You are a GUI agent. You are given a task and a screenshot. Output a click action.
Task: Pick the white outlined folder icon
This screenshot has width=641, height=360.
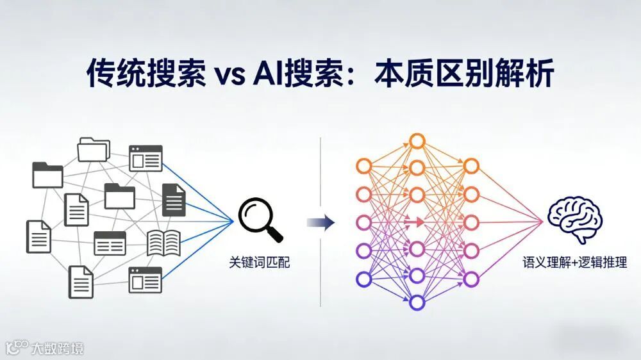click(94, 149)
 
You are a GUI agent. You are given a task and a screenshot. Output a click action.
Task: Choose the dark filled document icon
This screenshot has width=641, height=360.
click(173, 199)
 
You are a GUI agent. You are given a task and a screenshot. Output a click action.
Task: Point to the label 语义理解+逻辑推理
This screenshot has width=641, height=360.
click(574, 262)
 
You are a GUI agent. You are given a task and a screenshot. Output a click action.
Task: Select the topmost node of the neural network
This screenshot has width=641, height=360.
click(417, 141)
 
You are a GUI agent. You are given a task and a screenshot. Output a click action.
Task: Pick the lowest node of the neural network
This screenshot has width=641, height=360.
click(417, 302)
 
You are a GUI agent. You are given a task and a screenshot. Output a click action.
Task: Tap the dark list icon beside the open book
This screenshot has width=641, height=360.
click(110, 243)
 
